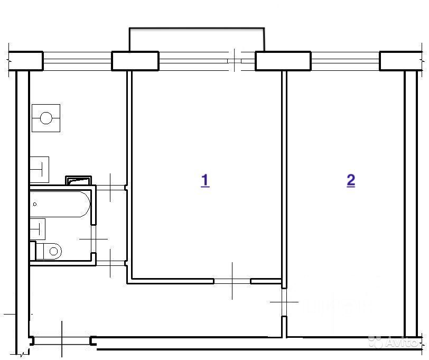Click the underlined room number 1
click(205, 180)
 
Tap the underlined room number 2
click(351, 180)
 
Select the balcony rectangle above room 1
click(197, 40)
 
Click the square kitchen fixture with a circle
click(46, 118)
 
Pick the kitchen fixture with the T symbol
click(40, 169)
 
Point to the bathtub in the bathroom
click(60, 204)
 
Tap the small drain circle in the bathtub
click(35, 204)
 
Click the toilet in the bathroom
click(51, 250)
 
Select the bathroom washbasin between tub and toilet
click(38, 229)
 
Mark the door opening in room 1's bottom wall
click(232, 281)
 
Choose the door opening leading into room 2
click(284, 302)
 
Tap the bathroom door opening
click(94, 239)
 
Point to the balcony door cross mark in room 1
click(235, 61)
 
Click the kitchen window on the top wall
click(77, 61)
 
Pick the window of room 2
click(345, 61)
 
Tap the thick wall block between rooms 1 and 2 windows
click(283, 61)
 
